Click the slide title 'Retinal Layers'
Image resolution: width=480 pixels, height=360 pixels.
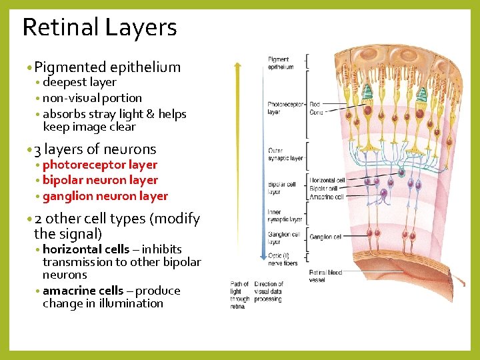tap(99, 27)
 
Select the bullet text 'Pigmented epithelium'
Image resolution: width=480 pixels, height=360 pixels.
tap(107, 67)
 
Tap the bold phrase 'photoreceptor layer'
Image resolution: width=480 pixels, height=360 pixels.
tap(100, 165)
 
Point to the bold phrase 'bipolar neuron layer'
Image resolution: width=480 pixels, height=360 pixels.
tap(100, 180)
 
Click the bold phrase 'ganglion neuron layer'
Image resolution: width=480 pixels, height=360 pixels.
tap(105, 196)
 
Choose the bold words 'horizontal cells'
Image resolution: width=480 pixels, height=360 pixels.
tap(86, 249)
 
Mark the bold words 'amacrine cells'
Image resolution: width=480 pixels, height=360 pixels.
tap(83, 291)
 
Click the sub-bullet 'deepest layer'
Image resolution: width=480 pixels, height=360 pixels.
tap(79, 83)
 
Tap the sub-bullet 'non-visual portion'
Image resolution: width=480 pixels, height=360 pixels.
tap(92, 98)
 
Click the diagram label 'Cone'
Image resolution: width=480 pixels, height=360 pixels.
tap(317, 112)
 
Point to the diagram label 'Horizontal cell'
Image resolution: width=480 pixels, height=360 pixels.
tap(327, 181)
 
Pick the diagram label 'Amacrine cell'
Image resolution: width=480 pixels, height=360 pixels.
tap(326, 197)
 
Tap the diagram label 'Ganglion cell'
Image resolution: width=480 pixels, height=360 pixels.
tap(325, 237)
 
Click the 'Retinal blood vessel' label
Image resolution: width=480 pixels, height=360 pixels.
tap(325, 276)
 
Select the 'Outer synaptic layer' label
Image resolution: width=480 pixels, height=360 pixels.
tap(285, 155)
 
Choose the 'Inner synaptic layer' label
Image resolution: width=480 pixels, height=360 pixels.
tap(285, 216)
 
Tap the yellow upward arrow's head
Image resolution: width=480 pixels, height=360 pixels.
tap(237, 65)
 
